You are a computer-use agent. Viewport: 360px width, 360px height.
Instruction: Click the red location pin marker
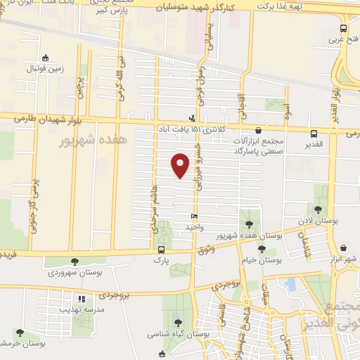point(181,165)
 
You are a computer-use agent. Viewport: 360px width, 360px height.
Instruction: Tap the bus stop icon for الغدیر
point(314,131)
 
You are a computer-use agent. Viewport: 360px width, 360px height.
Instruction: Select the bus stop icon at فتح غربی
point(343,29)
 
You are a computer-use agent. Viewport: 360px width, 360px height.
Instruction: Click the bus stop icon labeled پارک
point(162,250)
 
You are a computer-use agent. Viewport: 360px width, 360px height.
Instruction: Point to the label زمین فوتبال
point(45,68)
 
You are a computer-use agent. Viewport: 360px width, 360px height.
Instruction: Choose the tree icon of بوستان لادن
point(318,209)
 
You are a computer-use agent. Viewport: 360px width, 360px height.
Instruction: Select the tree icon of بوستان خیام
point(262,249)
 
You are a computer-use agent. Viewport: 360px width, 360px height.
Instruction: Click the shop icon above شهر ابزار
point(343,248)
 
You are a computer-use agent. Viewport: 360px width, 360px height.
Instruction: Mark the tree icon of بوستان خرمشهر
point(19,333)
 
